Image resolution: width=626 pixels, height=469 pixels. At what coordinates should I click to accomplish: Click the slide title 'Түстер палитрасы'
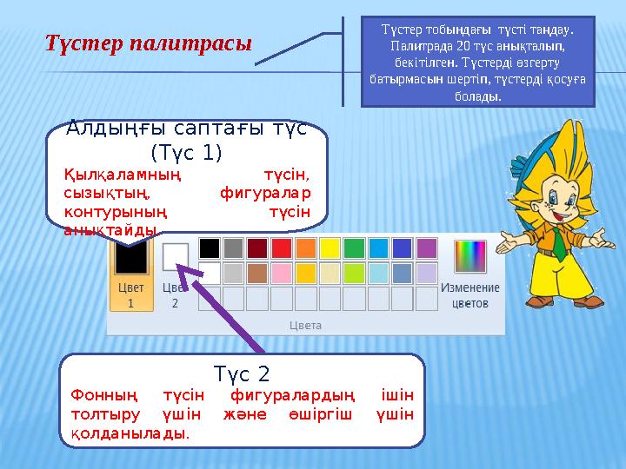(x=149, y=43)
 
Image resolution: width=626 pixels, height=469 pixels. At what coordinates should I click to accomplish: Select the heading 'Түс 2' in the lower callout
(x=242, y=374)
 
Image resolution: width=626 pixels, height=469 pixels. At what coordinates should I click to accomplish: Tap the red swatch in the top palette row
(x=281, y=248)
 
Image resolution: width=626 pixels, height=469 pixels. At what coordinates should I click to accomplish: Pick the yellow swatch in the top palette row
(x=330, y=248)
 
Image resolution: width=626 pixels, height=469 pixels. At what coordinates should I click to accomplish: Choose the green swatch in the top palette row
(x=354, y=248)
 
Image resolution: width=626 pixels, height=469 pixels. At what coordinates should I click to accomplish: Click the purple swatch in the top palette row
(x=426, y=248)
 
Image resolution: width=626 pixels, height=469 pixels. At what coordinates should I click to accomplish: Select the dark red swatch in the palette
(x=257, y=248)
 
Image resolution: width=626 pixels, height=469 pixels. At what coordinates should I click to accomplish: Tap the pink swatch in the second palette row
(x=281, y=274)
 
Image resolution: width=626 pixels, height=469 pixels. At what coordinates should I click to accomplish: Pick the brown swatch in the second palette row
(x=257, y=274)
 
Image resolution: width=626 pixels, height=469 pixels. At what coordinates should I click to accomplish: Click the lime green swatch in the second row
(x=354, y=274)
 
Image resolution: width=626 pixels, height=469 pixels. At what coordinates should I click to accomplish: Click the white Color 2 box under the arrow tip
(x=176, y=256)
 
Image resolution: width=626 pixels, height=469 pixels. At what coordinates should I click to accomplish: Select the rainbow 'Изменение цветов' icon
(x=469, y=257)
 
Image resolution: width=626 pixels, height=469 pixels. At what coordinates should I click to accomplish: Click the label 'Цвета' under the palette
(x=305, y=324)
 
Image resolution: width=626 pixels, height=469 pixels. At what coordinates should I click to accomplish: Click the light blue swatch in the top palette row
(x=378, y=248)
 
